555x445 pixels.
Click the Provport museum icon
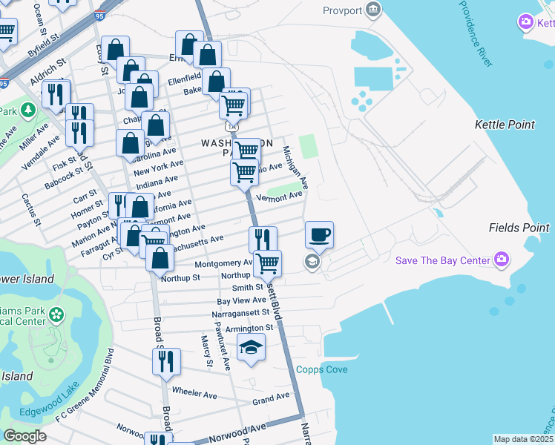[373, 10]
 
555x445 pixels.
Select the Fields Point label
[519, 227]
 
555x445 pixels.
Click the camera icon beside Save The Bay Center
[502, 260]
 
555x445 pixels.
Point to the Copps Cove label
[322, 369]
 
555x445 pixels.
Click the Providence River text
[475, 33]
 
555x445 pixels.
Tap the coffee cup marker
[319, 235]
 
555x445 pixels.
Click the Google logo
[24, 436]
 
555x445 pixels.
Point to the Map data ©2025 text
[523, 439]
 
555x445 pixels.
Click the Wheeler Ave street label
[194, 392]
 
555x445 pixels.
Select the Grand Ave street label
[270, 400]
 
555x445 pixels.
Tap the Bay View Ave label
[241, 300]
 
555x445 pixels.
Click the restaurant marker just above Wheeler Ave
[165, 361]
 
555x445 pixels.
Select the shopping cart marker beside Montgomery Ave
[267, 263]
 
